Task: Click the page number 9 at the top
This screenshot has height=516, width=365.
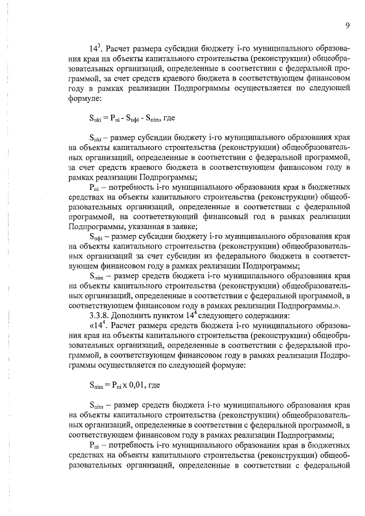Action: point(346,25)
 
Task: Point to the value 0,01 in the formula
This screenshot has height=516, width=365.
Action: point(136,385)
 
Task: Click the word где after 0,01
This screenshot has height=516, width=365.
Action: point(154,385)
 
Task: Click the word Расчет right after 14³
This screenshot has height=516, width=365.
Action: point(121,47)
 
